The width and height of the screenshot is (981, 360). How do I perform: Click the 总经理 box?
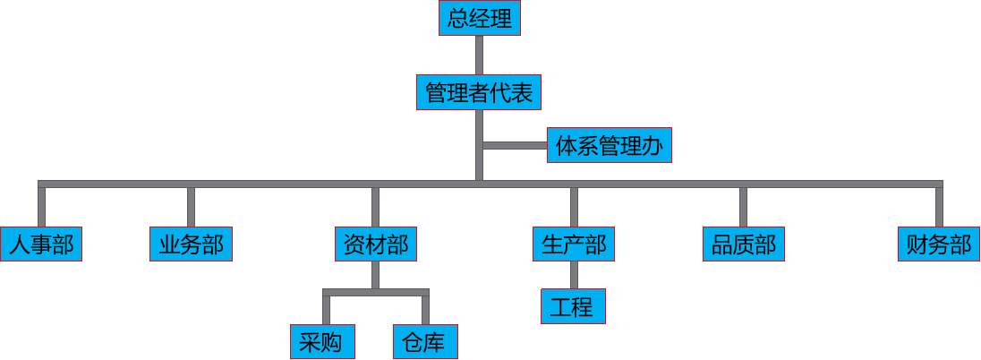(479, 19)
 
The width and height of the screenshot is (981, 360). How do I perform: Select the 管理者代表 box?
(479, 92)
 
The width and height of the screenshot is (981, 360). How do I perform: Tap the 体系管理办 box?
(609, 145)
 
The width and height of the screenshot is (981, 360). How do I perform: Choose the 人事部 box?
(41, 244)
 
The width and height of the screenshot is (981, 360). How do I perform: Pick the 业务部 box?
(191, 244)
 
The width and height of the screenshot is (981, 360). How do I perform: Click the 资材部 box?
(376, 244)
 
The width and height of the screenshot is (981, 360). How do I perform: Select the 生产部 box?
(574, 244)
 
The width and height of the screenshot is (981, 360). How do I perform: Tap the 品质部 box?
(743, 244)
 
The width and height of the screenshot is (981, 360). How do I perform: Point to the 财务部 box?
(938, 244)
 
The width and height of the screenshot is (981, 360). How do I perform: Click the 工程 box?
(573, 307)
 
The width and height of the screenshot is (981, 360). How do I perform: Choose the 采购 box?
(321, 341)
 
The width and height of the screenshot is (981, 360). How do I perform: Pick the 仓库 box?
(425, 341)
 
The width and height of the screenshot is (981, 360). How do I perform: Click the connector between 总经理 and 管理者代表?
(479, 55)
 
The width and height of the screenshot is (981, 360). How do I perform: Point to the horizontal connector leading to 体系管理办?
(515, 145)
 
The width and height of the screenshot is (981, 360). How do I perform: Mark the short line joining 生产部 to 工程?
(574, 275)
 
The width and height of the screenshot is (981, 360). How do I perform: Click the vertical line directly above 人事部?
(41, 206)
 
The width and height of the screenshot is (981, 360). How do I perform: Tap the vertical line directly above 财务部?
(938, 206)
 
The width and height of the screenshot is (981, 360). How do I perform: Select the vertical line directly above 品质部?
(743, 206)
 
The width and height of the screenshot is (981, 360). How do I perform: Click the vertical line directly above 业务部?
(191, 206)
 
